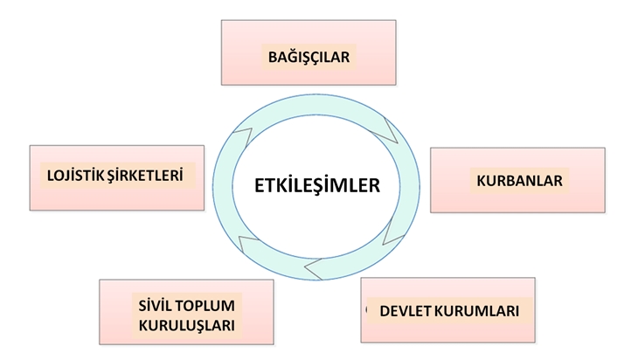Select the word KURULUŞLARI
pyautogui.click(x=187, y=326)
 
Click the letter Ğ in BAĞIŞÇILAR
pyautogui.click(x=295, y=58)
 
